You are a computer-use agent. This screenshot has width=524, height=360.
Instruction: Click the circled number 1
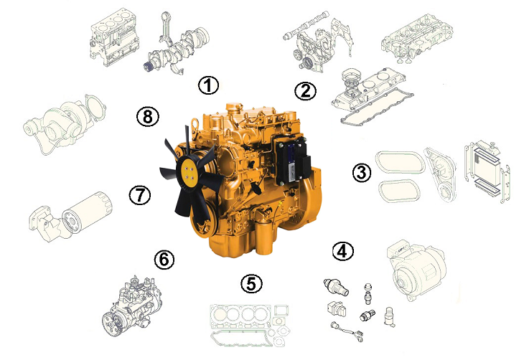208,85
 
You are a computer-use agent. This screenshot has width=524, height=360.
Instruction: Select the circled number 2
306,91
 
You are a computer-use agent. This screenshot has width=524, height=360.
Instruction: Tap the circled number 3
362,173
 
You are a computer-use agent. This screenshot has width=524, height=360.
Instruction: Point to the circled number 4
343,251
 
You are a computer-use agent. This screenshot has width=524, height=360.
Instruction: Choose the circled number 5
252,283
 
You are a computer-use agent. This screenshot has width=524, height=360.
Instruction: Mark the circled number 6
164,259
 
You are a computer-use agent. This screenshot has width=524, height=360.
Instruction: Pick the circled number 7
140,194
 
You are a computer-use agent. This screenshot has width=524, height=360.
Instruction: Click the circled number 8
148,117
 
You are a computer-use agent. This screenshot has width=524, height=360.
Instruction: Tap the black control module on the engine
290,161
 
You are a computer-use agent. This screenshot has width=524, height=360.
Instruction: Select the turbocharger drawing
64,124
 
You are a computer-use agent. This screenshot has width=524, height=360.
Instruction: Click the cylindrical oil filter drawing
88,212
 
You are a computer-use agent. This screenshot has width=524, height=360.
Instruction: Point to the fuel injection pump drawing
133,305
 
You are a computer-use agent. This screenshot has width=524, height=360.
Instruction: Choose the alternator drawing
416,270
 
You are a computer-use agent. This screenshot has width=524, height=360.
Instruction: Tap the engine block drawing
114,36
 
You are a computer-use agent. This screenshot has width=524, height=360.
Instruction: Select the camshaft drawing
305,24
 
